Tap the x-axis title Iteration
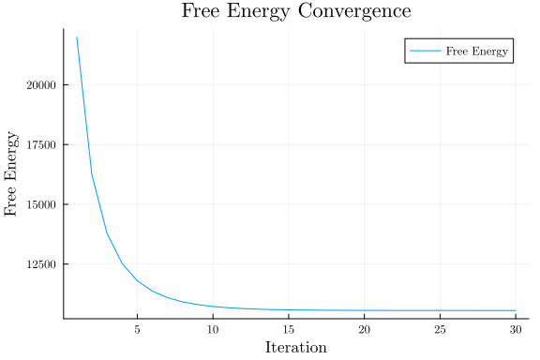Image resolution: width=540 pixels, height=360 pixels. [295, 347]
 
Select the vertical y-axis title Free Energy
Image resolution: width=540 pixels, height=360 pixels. [12, 174]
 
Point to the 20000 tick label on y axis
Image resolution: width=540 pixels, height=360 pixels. [41, 84]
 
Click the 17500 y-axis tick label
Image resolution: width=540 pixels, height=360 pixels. [41, 144]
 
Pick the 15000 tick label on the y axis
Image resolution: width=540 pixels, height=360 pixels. [41, 204]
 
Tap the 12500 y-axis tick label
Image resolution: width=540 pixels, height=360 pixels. [41, 264]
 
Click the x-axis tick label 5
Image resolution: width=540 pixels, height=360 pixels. [137, 329]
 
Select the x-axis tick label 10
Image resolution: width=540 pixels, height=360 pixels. [213, 329]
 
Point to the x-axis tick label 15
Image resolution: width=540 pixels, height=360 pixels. [288, 329]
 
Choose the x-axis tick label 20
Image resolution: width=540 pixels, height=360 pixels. [364, 329]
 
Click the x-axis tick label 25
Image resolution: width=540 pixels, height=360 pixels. [440, 329]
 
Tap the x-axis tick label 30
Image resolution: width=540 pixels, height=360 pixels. [515, 329]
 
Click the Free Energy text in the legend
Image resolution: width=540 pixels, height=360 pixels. [478, 52]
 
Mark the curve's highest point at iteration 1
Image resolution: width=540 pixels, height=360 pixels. [77, 37]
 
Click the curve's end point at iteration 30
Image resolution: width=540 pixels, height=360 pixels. [515, 310]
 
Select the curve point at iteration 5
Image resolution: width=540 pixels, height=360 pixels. [137, 280]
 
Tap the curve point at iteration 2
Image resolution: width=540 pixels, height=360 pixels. [92, 173]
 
